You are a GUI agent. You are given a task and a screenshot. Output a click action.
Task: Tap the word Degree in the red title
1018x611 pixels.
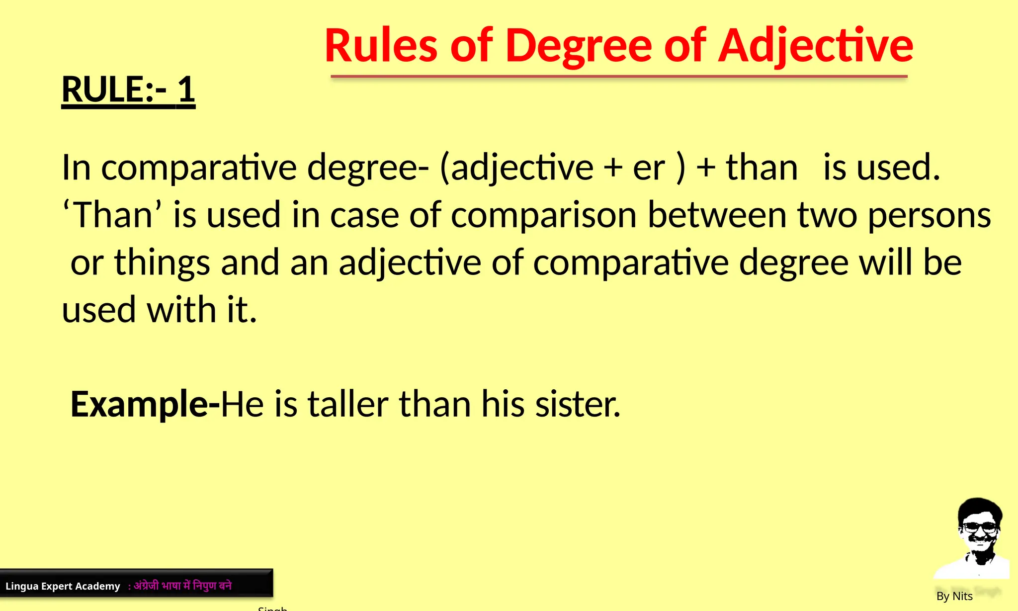pyautogui.click(x=579, y=47)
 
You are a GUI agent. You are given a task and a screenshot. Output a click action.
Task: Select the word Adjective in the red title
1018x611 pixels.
pyautogui.click(x=816, y=47)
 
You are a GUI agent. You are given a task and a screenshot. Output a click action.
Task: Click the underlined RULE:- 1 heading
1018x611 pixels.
pyautogui.click(x=128, y=90)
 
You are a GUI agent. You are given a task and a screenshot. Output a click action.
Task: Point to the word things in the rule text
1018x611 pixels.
pyautogui.click(x=162, y=263)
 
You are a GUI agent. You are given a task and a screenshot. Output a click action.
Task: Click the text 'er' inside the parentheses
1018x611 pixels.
pyautogui.click(x=649, y=168)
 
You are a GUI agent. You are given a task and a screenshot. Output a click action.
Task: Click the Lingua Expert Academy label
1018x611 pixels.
pyautogui.click(x=63, y=586)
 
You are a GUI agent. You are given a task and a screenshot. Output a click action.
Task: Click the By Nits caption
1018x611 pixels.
pyautogui.click(x=954, y=596)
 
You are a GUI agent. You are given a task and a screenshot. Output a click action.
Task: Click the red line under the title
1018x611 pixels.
pyautogui.click(x=619, y=77)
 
